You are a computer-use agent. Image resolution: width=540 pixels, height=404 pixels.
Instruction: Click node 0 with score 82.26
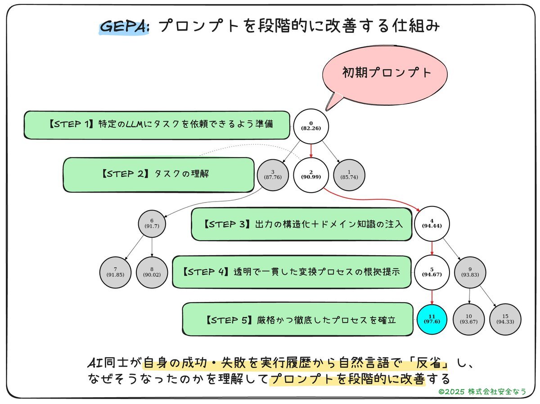click(311, 126)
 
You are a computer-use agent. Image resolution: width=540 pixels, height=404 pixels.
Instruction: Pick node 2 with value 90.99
click(311, 175)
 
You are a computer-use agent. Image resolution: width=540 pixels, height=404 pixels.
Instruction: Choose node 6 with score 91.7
click(152, 223)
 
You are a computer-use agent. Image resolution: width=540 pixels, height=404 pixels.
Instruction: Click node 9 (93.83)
click(469, 272)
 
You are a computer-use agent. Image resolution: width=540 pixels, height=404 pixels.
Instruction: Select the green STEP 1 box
click(157, 125)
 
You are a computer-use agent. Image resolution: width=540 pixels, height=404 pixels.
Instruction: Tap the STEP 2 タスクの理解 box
click(158, 175)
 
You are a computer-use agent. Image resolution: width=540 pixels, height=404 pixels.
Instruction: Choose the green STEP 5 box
click(297, 319)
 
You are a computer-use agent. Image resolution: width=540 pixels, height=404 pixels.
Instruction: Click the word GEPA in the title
click(124, 27)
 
